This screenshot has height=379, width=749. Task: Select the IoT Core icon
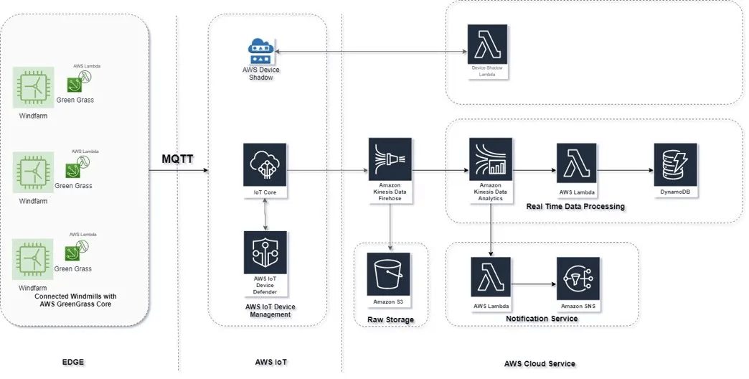click(265, 164)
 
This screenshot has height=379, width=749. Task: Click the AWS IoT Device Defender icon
click(265, 253)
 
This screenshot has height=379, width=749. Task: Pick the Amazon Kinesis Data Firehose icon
click(390, 159)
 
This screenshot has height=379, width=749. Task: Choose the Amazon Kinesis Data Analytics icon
click(490, 159)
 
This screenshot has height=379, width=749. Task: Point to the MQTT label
click(176, 159)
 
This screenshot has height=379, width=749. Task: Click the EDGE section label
click(73, 362)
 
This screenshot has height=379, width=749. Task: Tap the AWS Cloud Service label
click(540, 364)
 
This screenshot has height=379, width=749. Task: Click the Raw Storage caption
click(390, 319)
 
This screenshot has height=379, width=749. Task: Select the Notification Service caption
click(542, 319)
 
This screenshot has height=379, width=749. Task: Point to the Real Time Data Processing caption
click(575, 207)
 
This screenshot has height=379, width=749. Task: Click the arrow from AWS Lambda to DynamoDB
click(625, 171)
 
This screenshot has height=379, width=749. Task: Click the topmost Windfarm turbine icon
click(33, 88)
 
